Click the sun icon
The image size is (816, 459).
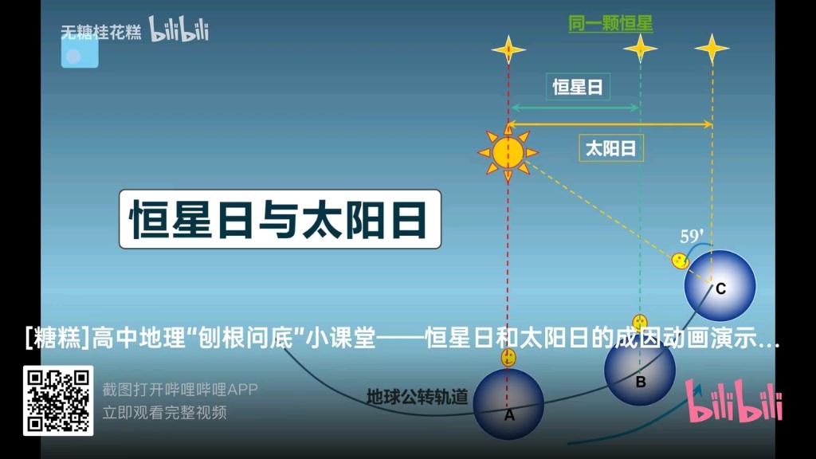pos(508,151)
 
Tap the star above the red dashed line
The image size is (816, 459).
pos(508,49)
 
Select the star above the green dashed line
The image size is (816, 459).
pos(640,49)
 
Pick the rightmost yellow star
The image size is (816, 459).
pos(712,49)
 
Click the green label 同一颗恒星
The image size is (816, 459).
pos(610,24)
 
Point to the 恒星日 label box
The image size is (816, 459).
pos(578,87)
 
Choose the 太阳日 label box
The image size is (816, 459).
pos(610,148)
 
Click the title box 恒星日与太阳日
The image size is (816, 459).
pos(280,219)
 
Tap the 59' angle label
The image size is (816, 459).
pos(691,237)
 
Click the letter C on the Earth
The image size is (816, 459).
pos(720,289)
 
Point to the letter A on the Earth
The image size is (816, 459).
pos(509,414)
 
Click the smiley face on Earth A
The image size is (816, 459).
pos(508,358)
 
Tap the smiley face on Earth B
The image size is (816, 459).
pos(640,324)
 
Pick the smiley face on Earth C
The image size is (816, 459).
pos(680,261)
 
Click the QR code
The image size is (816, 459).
pos(58,401)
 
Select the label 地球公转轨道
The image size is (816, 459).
pos(417,396)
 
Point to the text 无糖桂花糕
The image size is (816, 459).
pos(101,32)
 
